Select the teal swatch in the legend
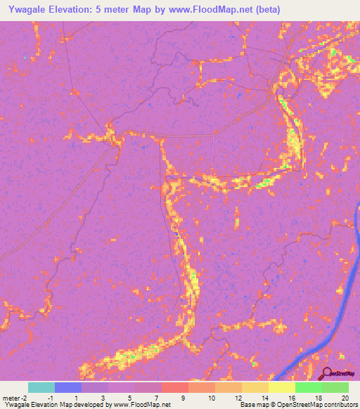click(x=41, y=387)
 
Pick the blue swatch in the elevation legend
click(x=68, y=387)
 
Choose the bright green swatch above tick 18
click(x=308, y=387)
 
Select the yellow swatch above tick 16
click(x=281, y=387)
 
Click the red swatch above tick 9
click(x=174, y=387)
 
